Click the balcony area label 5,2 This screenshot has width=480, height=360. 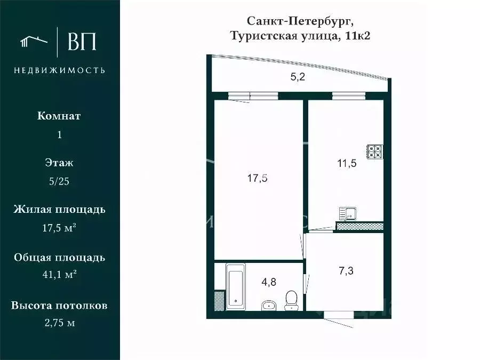point(298,77)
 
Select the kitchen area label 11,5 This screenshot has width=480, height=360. point(347,163)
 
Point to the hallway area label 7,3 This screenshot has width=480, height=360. point(346,270)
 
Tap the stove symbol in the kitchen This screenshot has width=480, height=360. point(374,151)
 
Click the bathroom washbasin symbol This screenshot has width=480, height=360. point(269,305)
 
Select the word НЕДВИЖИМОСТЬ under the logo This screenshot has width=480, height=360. point(59,70)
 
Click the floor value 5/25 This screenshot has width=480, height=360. point(59,181)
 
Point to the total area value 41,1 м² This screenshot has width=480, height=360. point(59,275)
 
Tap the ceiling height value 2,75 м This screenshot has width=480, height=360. point(59,323)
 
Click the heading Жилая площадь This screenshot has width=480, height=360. point(59,209)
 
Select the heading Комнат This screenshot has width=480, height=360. point(59,116)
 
